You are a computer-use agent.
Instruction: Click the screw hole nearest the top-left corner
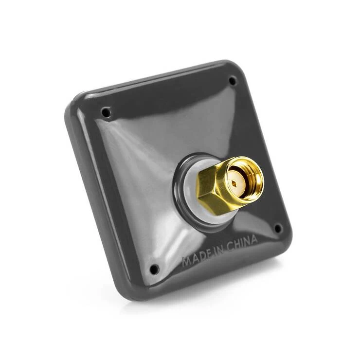coord(106,113)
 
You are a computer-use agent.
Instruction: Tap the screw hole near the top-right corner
coord(233,80)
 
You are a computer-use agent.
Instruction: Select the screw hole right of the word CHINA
coord(278,228)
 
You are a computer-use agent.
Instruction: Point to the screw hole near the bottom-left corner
coord(154,269)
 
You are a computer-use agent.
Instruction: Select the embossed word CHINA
coord(240,242)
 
